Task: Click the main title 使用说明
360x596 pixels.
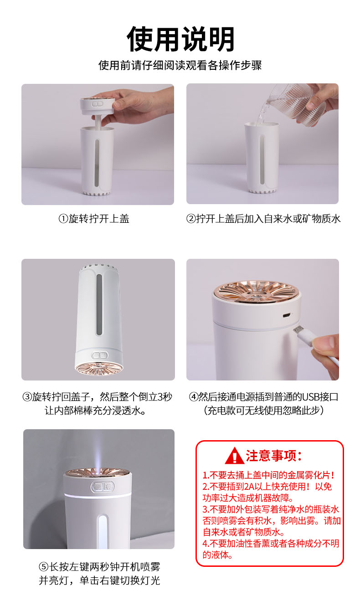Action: click(x=180, y=39)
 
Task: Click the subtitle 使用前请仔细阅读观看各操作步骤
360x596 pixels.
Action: click(x=180, y=65)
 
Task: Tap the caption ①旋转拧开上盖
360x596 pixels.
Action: click(x=94, y=219)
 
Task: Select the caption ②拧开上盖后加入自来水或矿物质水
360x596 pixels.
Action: click(x=263, y=219)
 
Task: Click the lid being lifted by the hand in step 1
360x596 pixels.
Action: click(x=98, y=105)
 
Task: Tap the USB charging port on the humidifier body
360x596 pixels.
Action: click(x=286, y=316)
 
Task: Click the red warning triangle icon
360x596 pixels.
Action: click(x=234, y=456)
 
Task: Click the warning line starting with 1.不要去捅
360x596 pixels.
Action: click(x=268, y=475)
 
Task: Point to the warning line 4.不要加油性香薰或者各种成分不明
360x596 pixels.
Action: click(x=271, y=543)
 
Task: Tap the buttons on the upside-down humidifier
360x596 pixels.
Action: click(x=100, y=355)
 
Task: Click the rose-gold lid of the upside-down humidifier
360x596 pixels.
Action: click(x=99, y=369)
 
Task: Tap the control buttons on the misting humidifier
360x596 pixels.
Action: click(x=103, y=487)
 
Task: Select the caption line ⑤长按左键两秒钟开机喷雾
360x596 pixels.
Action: click(x=99, y=567)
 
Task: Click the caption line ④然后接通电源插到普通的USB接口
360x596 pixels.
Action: click(x=263, y=397)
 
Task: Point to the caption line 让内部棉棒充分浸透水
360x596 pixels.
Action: click(x=95, y=411)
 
